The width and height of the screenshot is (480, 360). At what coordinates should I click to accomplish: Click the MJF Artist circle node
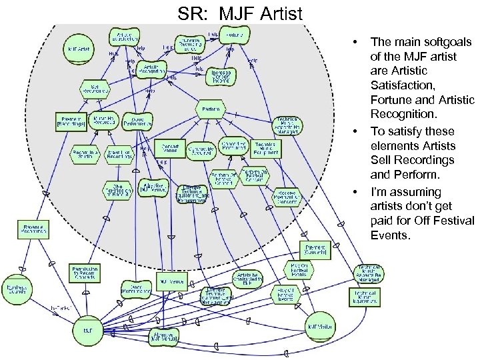click(79, 49)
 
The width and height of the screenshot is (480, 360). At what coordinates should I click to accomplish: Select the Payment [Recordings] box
click(70, 121)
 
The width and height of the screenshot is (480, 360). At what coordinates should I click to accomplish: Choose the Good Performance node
click(138, 121)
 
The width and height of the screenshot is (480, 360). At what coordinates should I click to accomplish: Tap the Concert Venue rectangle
click(168, 147)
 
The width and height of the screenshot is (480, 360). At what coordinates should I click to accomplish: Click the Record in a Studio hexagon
click(83, 155)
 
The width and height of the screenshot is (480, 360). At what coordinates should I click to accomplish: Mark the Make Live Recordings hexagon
click(119, 155)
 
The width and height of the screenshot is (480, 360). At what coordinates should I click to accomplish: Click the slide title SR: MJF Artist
click(240, 12)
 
